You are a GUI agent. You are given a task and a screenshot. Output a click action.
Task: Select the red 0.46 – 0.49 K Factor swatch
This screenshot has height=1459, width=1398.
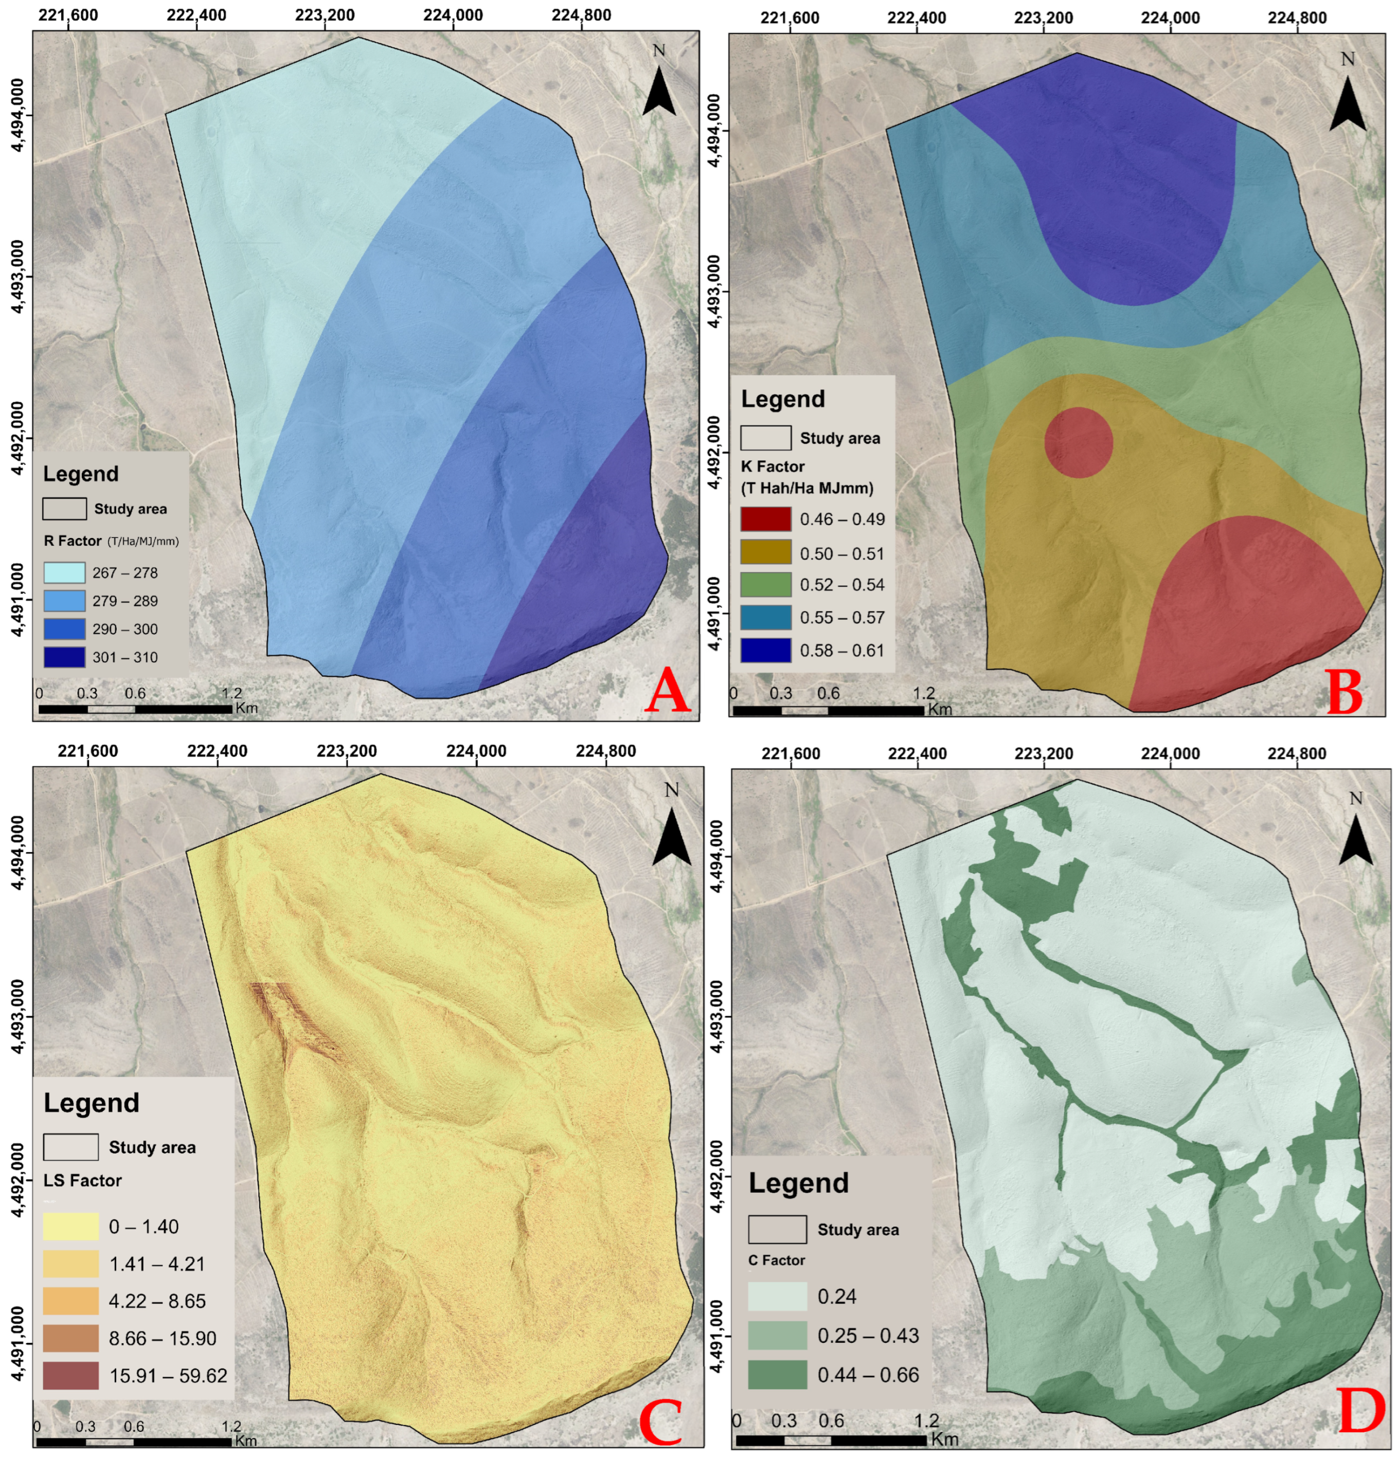[x=765, y=519]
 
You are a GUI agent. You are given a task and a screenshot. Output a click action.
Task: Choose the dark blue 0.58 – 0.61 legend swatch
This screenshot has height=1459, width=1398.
[x=765, y=650]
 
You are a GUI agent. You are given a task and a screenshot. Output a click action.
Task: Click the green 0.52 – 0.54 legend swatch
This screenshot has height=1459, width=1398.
[x=765, y=584]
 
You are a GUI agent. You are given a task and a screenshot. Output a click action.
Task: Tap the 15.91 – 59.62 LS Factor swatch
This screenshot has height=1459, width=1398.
[x=70, y=1376]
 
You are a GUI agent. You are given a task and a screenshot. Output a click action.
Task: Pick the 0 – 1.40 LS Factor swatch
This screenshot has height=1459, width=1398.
[x=70, y=1226]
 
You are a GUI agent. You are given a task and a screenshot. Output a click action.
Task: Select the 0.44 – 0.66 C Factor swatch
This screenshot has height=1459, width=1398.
[x=777, y=1374]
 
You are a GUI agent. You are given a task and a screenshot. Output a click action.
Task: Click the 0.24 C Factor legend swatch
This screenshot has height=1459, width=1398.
[x=777, y=1296]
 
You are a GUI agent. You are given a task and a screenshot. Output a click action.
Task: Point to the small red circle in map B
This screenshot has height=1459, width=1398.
[x=1079, y=442]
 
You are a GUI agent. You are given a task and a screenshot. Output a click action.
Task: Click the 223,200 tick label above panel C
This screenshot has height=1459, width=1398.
[x=347, y=751]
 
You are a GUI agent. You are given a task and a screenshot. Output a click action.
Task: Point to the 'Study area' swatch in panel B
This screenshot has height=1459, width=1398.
[x=765, y=438]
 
